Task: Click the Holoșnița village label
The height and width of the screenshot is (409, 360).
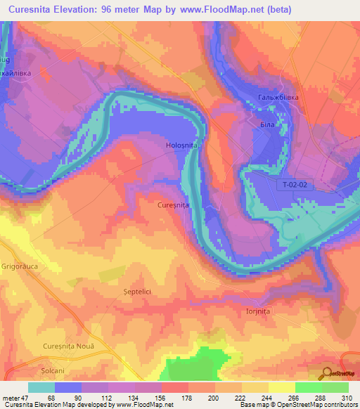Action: tap(181, 145)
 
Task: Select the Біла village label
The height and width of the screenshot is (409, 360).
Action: tap(266, 124)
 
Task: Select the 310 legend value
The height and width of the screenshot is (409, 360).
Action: tap(345, 398)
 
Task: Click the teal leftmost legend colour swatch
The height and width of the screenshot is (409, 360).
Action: tap(41, 387)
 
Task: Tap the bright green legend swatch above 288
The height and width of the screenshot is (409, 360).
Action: tap(308, 387)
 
